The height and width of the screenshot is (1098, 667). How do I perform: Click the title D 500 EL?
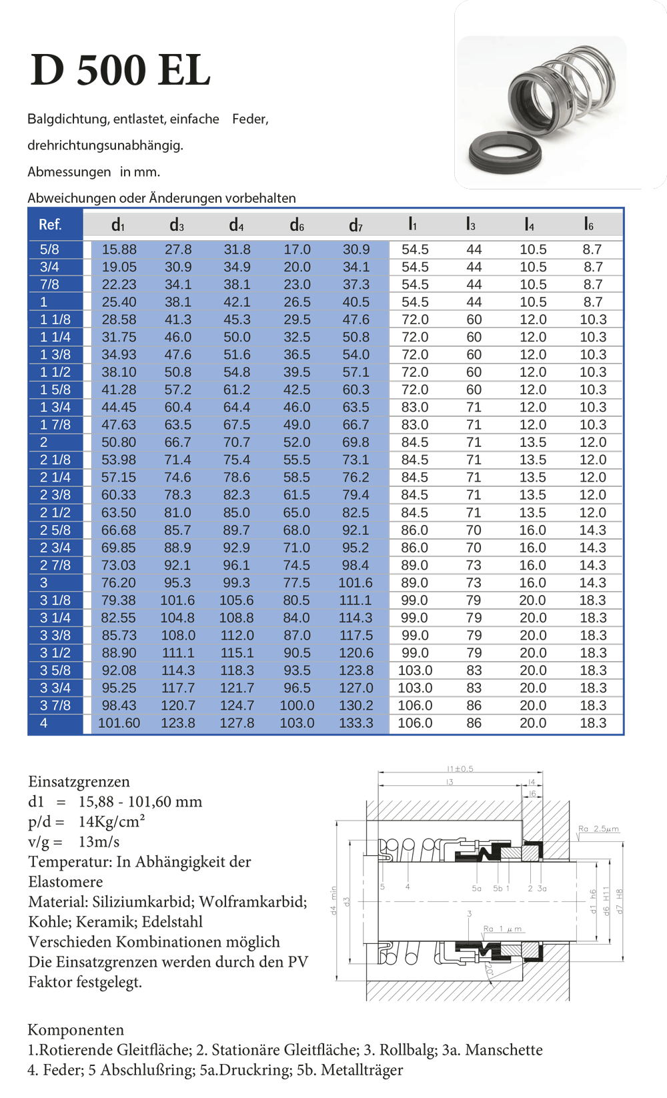pos(121,70)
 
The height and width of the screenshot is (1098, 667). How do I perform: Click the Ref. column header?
pos(50,225)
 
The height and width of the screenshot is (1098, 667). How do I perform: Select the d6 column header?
pos(297,225)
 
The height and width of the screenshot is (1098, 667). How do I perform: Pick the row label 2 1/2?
pos(55,513)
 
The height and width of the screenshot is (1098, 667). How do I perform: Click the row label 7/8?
pos(49,285)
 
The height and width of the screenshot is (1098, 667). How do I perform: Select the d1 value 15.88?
pos(119,249)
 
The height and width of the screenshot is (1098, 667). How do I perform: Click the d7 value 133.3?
pos(356,723)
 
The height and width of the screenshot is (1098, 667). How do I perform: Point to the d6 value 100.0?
pos(297,706)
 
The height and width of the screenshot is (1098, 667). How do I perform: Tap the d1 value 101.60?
pos(119,723)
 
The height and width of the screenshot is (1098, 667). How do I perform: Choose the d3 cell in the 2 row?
pos(177,442)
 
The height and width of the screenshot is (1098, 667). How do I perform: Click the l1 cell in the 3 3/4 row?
pos(415,688)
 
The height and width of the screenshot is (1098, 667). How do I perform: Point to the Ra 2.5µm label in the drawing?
pos(598,829)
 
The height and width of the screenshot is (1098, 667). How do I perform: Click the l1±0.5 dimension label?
pos(460,769)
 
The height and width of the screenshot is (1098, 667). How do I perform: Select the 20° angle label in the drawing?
pos(489,970)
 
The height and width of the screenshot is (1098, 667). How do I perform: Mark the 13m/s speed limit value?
pos(99,842)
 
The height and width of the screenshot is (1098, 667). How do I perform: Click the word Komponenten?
pos(76,1030)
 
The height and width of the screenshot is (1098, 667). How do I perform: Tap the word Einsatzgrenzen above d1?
pos(79,782)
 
